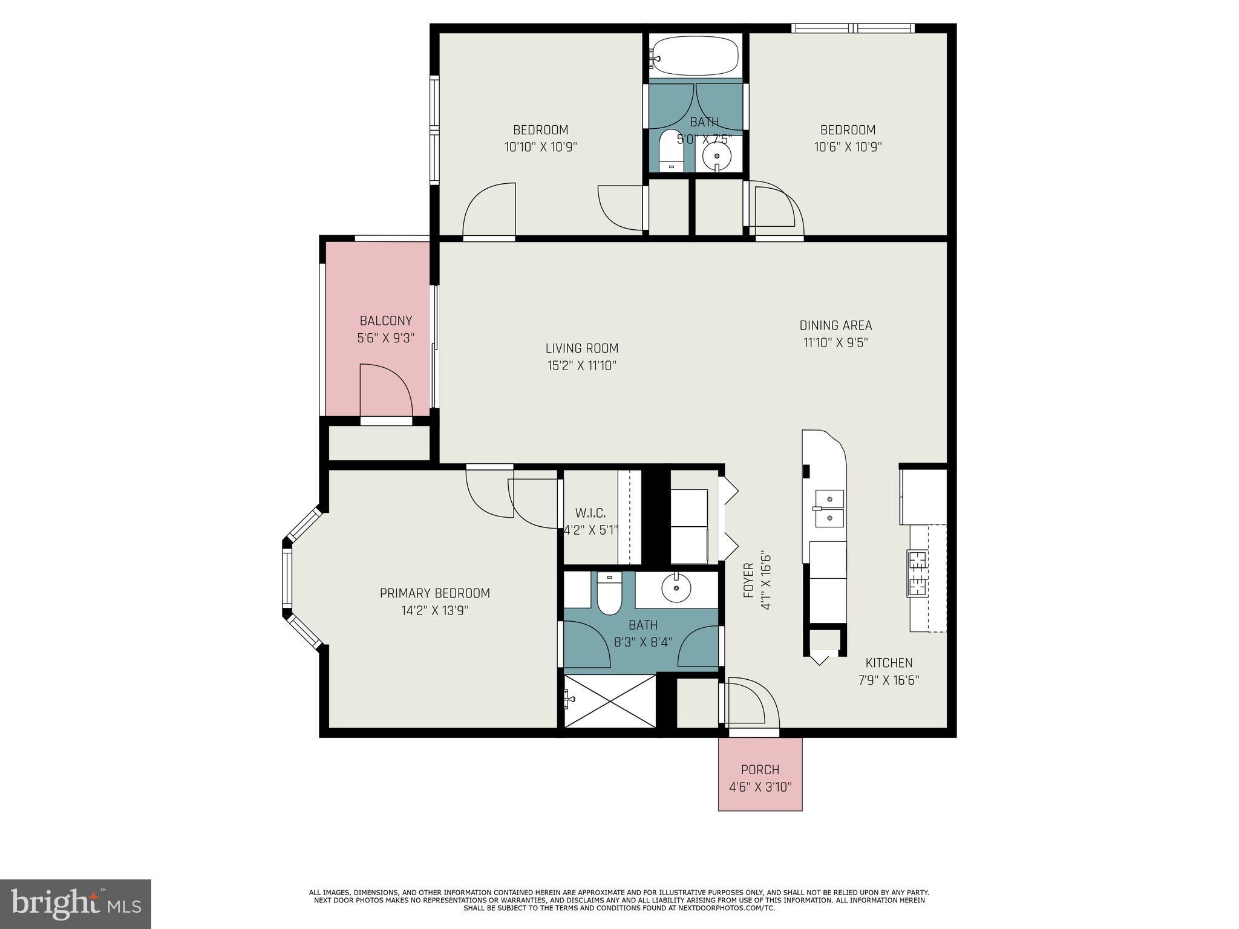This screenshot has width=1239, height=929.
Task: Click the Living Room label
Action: click(581, 348)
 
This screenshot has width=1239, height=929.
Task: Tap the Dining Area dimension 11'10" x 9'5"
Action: click(835, 343)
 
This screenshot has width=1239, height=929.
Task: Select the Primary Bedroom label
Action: click(434, 593)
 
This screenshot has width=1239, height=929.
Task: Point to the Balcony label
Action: click(385, 321)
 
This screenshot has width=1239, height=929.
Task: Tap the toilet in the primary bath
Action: click(609, 595)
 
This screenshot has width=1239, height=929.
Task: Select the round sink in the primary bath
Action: click(676, 587)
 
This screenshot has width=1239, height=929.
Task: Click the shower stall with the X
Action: click(610, 702)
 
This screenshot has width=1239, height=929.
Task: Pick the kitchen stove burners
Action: click(917, 573)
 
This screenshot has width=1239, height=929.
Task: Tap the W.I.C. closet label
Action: click(590, 513)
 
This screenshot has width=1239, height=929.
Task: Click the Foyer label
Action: click(749, 580)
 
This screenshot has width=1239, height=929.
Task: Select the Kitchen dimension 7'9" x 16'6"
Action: click(889, 680)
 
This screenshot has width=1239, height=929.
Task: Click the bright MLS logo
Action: click(76, 904)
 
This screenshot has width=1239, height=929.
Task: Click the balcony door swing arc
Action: click(387, 390)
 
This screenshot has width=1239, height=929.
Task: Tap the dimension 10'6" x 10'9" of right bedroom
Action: click(848, 147)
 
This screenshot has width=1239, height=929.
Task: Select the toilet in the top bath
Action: click(670, 151)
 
